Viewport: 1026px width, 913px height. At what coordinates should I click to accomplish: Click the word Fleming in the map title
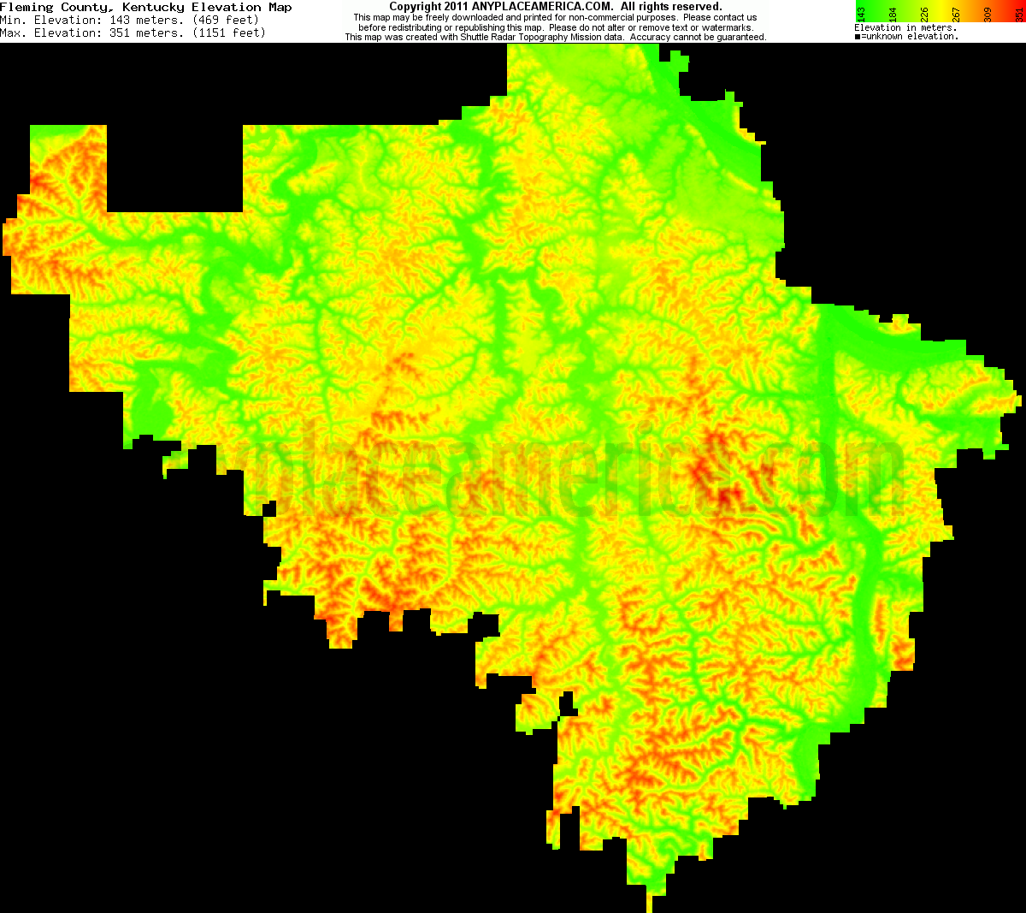27,7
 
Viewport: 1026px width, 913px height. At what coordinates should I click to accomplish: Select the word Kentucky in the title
153,7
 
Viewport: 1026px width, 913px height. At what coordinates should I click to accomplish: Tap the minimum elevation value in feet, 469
208,20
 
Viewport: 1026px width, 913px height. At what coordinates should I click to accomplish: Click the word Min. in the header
15,20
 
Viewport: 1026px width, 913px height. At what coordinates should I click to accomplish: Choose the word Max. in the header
15,33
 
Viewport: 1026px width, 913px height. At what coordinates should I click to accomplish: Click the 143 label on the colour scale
862,14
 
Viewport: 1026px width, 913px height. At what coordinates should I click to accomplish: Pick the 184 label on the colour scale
893,14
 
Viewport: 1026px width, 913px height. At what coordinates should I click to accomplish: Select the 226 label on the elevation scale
924,14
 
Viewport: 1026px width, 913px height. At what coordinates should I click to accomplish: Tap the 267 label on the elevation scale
956,14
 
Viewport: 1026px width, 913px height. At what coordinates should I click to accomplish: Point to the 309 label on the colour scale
988,14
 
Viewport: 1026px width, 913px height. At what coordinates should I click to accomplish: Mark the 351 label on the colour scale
1017,14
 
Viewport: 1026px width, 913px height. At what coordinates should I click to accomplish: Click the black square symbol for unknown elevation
858,37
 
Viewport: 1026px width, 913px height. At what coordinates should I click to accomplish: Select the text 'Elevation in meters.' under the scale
905,28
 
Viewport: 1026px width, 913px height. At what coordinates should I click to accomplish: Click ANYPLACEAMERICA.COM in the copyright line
542,7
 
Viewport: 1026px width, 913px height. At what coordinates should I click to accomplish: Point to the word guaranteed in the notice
740,38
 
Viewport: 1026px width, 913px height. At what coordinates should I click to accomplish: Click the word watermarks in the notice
727,27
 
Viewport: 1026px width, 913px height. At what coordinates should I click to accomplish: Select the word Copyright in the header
416,7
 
